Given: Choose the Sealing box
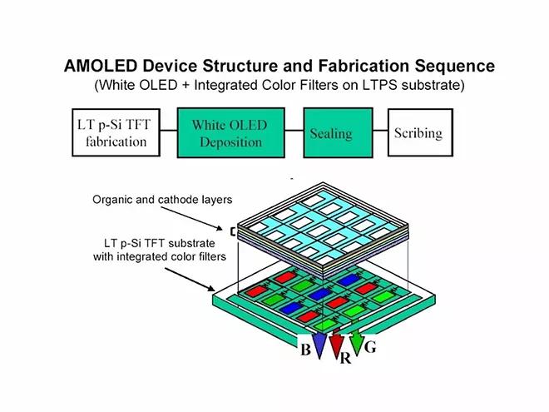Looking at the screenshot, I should point(331,133).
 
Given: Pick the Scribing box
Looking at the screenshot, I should point(418,133).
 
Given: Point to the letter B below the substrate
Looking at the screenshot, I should point(306,351).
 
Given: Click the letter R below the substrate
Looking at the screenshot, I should point(345,359).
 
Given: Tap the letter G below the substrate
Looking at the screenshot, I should point(370,347).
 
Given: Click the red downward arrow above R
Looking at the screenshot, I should point(338,343).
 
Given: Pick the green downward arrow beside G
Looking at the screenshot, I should point(356,340).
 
